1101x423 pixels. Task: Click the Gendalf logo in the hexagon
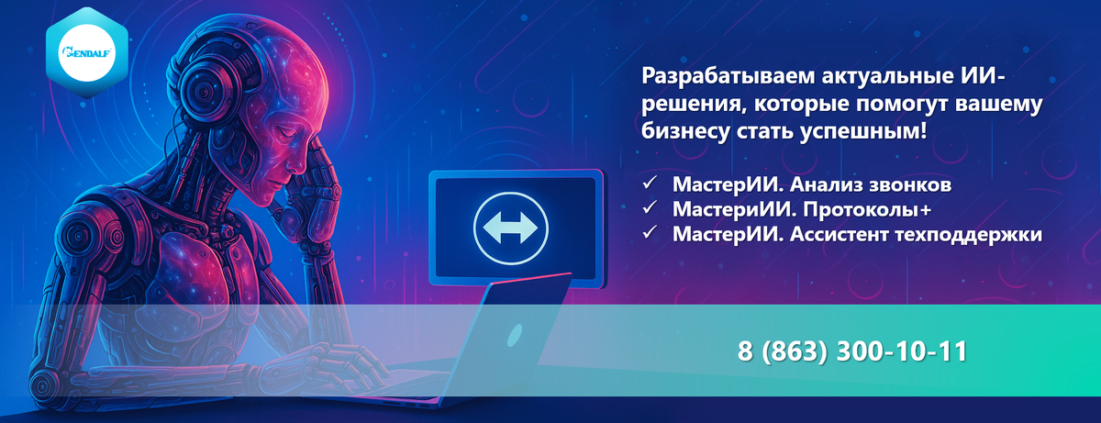pyautogui.click(x=87, y=52)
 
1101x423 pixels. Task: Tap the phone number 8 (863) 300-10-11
pyautogui.click(x=852, y=351)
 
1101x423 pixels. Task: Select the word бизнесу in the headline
pyautogui.click(x=685, y=131)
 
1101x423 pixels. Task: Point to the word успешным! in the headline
pyautogui.click(x=863, y=131)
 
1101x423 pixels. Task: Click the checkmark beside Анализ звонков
pyautogui.click(x=650, y=184)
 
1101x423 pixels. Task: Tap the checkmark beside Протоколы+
pyautogui.click(x=650, y=207)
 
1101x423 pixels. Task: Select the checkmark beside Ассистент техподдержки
pyautogui.click(x=650, y=232)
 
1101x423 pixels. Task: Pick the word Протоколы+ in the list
pyautogui.click(x=867, y=210)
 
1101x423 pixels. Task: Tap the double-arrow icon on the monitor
pyautogui.click(x=510, y=228)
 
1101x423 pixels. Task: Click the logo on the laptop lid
pyautogui.click(x=514, y=335)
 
